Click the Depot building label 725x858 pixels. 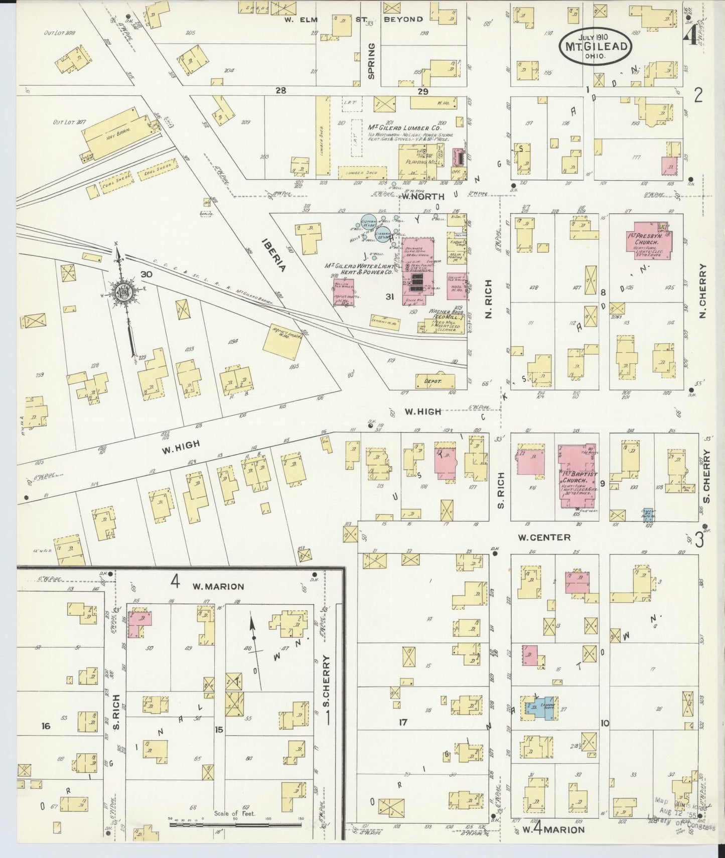(x=432, y=381)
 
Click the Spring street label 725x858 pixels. (x=371, y=61)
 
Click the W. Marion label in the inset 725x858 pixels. (x=219, y=586)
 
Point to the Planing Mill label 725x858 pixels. (x=422, y=162)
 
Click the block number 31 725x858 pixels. (x=389, y=297)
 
